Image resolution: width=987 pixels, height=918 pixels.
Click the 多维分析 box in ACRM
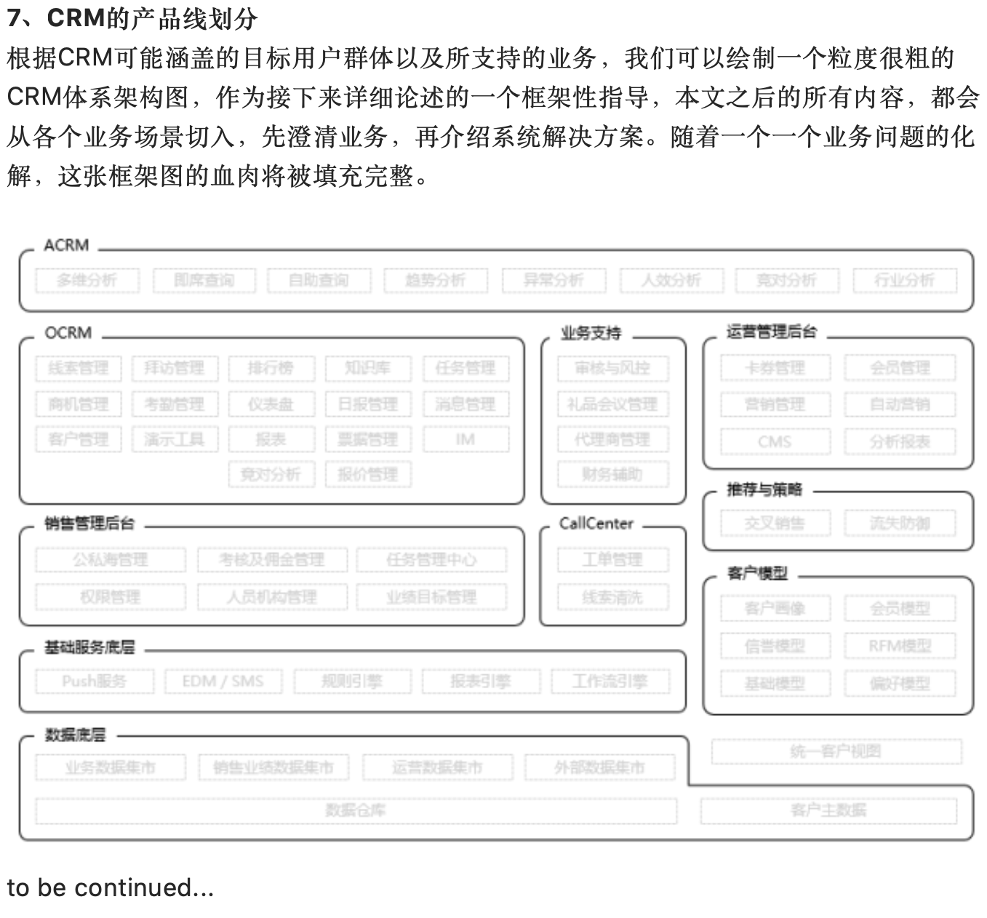(x=87, y=280)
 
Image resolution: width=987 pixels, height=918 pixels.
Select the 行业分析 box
(x=904, y=280)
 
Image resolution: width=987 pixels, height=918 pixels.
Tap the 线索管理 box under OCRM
(x=78, y=368)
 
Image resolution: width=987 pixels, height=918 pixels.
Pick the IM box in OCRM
(x=465, y=439)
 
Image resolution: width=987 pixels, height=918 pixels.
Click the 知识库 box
(x=368, y=368)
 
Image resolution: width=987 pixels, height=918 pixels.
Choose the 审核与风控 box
(x=612, y=368)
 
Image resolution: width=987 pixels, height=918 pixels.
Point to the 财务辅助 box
(x=612, y=475)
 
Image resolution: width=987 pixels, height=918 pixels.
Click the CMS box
(x=775, y=442)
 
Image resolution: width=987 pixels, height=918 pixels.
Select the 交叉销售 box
(x=775, y=523)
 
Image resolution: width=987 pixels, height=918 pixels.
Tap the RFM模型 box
(x=900, y=646)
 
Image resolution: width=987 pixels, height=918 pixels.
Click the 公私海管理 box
(x=110, y=559)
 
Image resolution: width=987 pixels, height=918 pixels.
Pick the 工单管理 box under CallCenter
(x=612, y=559)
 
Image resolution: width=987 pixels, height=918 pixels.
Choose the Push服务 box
(x=95, y=682)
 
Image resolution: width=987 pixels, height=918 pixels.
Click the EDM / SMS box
(x=223, y=682)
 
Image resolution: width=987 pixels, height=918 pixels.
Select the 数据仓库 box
(x=356, y=810)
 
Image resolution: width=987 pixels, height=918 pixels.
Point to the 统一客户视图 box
(x=836, y=751)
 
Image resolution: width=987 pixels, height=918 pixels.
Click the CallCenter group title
(x=596, y=524)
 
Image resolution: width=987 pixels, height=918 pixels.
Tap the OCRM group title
(x=68, y=333)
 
